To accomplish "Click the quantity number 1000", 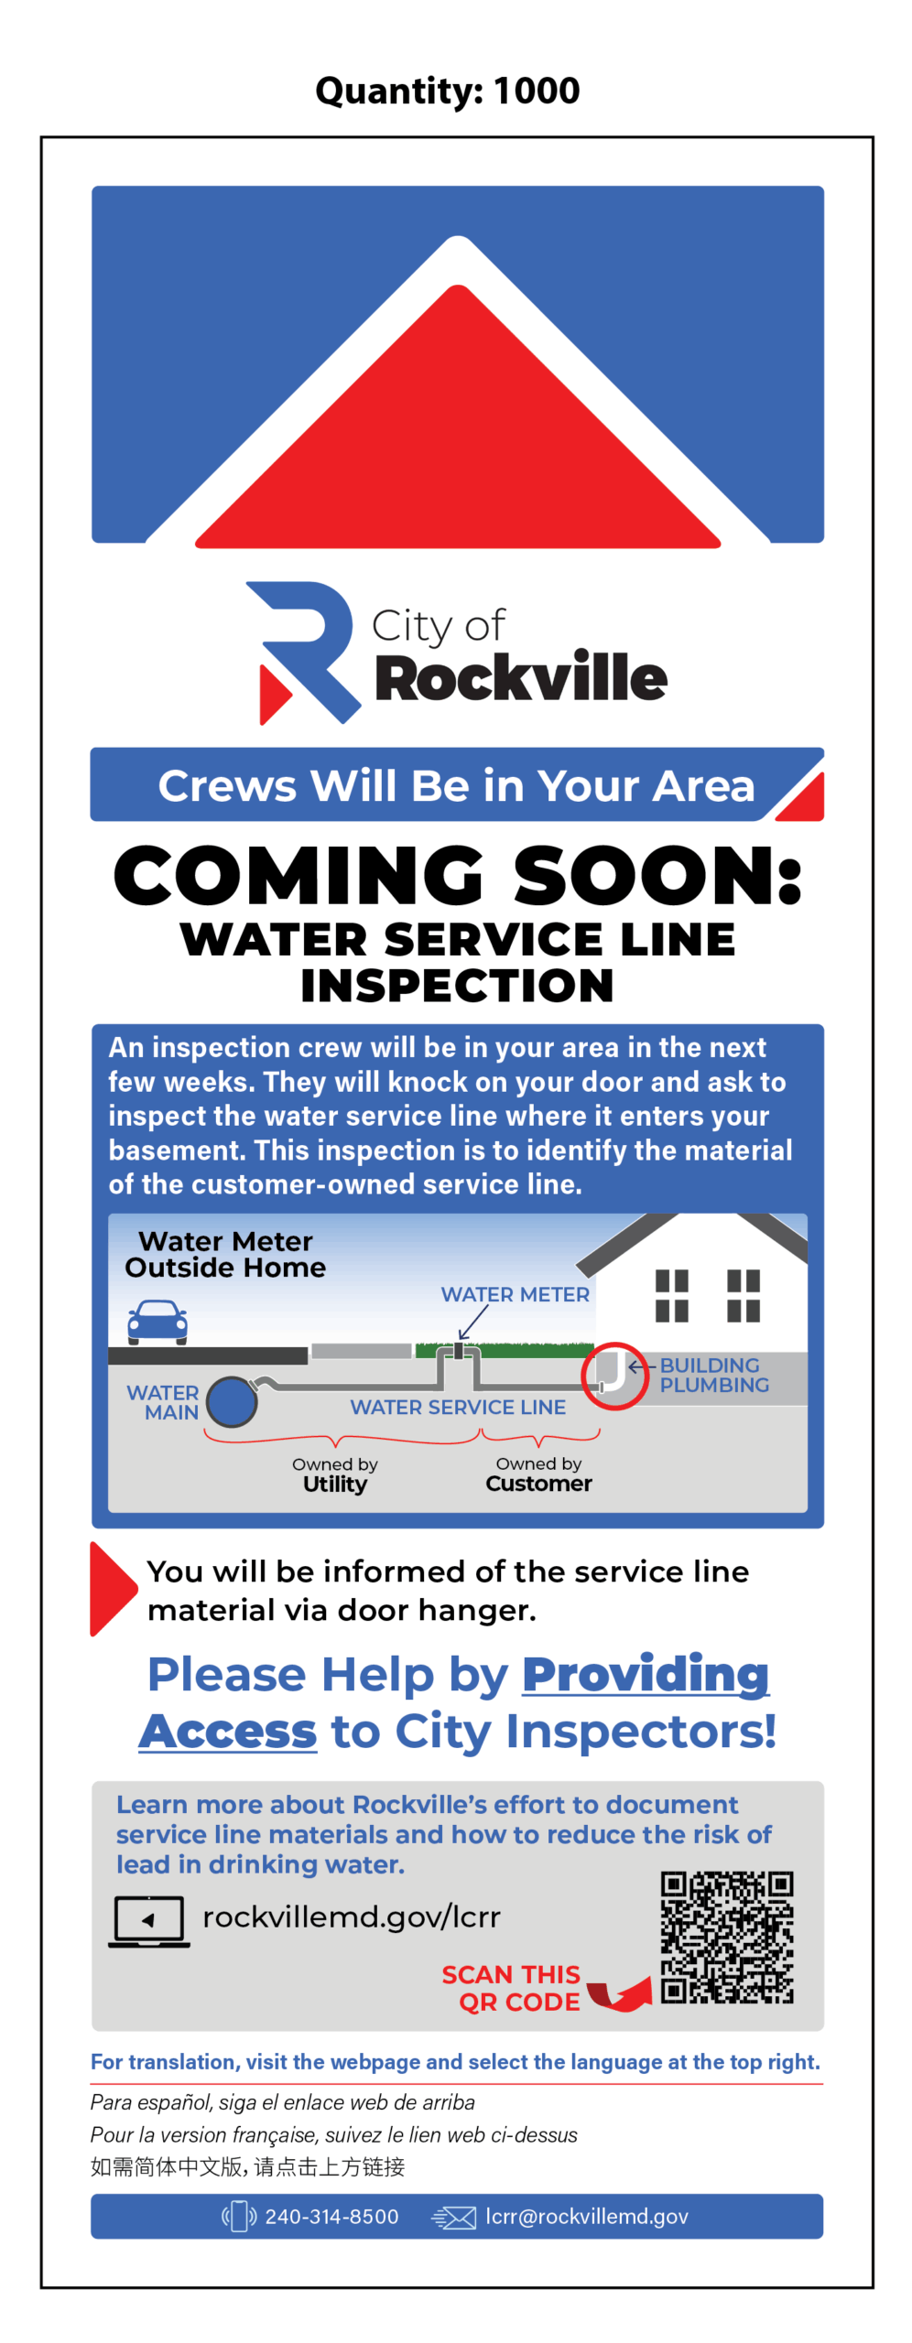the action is coord(536,90).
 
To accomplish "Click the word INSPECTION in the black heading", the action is coord(457,986).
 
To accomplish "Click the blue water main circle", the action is coord(232,1401).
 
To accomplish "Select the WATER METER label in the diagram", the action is coord(515,1294).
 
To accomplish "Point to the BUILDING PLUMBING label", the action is coord(714,1375).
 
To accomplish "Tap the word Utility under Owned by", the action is coord(335,1484).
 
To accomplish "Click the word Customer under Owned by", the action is coord(538,1483).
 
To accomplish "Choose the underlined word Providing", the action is coord(646,1674).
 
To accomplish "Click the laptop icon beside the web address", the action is coord(149,1921).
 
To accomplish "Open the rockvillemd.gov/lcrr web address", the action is coord(352,1917).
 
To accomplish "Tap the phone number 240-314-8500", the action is coord(331,2216).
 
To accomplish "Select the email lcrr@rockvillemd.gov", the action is coord(586,2216).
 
